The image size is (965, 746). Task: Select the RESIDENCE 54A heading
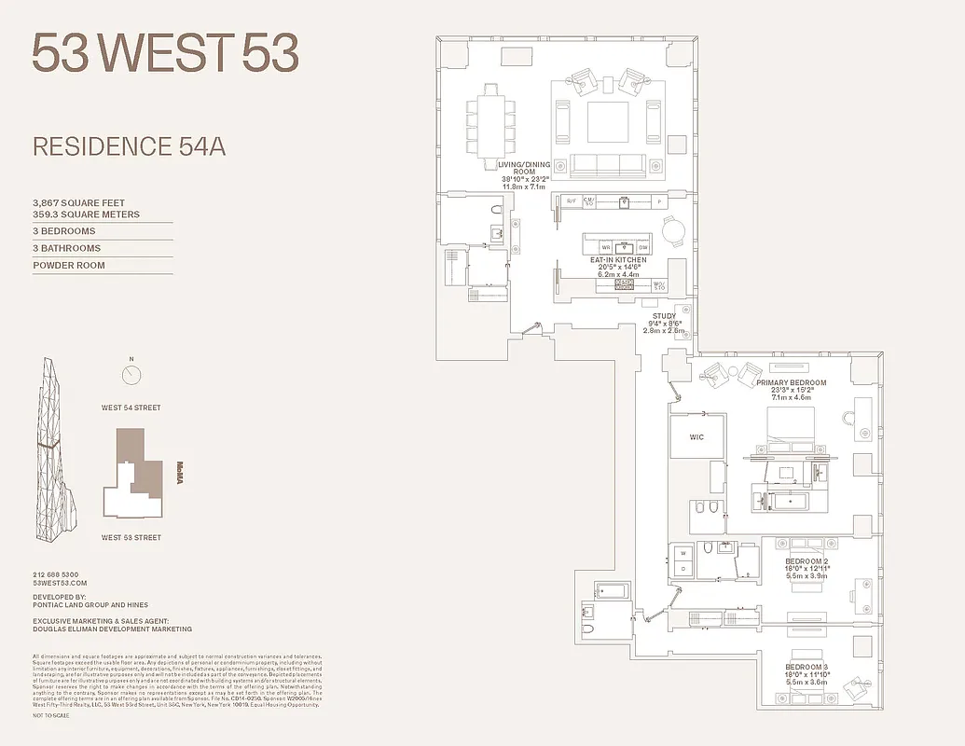coord(130,146)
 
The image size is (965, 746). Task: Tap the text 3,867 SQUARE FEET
coord(78,202)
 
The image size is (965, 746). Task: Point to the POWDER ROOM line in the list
coord(69,265)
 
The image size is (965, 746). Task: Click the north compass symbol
coord(132,375)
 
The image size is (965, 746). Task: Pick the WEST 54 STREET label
coord(131,408)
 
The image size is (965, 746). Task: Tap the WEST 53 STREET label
coord(131,537)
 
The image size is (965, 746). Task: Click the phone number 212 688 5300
coord(56,574)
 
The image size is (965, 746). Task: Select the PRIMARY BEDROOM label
coord(791,382)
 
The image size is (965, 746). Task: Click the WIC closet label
coord(696,436)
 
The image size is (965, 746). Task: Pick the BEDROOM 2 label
coord(805,561)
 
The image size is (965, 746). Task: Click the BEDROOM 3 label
coord(805,668)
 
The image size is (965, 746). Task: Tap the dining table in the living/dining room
coord(490,121)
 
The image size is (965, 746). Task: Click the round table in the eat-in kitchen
coord(673,229)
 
